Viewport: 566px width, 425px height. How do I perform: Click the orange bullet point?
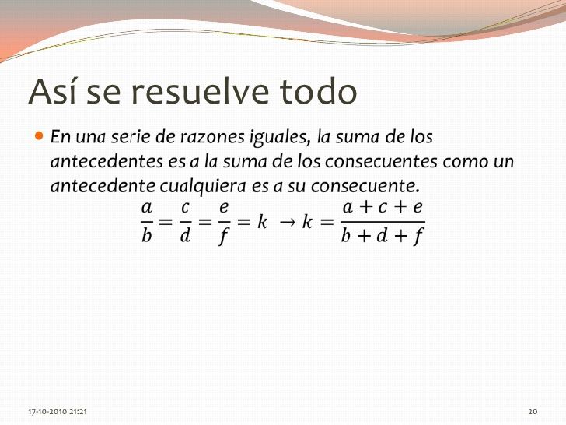pos(40,136)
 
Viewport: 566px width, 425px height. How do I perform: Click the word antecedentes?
pos(107,161)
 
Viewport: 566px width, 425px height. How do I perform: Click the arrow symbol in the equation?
pos(288,223)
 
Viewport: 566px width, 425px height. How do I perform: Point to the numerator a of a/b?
pos(146,208)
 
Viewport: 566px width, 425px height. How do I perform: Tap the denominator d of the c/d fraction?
pos(185,236)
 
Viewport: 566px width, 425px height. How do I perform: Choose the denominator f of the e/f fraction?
pos(224,237)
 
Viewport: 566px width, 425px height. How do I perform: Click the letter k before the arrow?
pos(262,221)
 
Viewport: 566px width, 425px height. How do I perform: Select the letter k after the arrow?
pos(307,221)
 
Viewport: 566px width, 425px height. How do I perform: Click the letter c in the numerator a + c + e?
pos(383,207)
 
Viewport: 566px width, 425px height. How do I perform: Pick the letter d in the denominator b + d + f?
pos(382,236)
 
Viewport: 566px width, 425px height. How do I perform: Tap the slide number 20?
pos(533,412)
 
